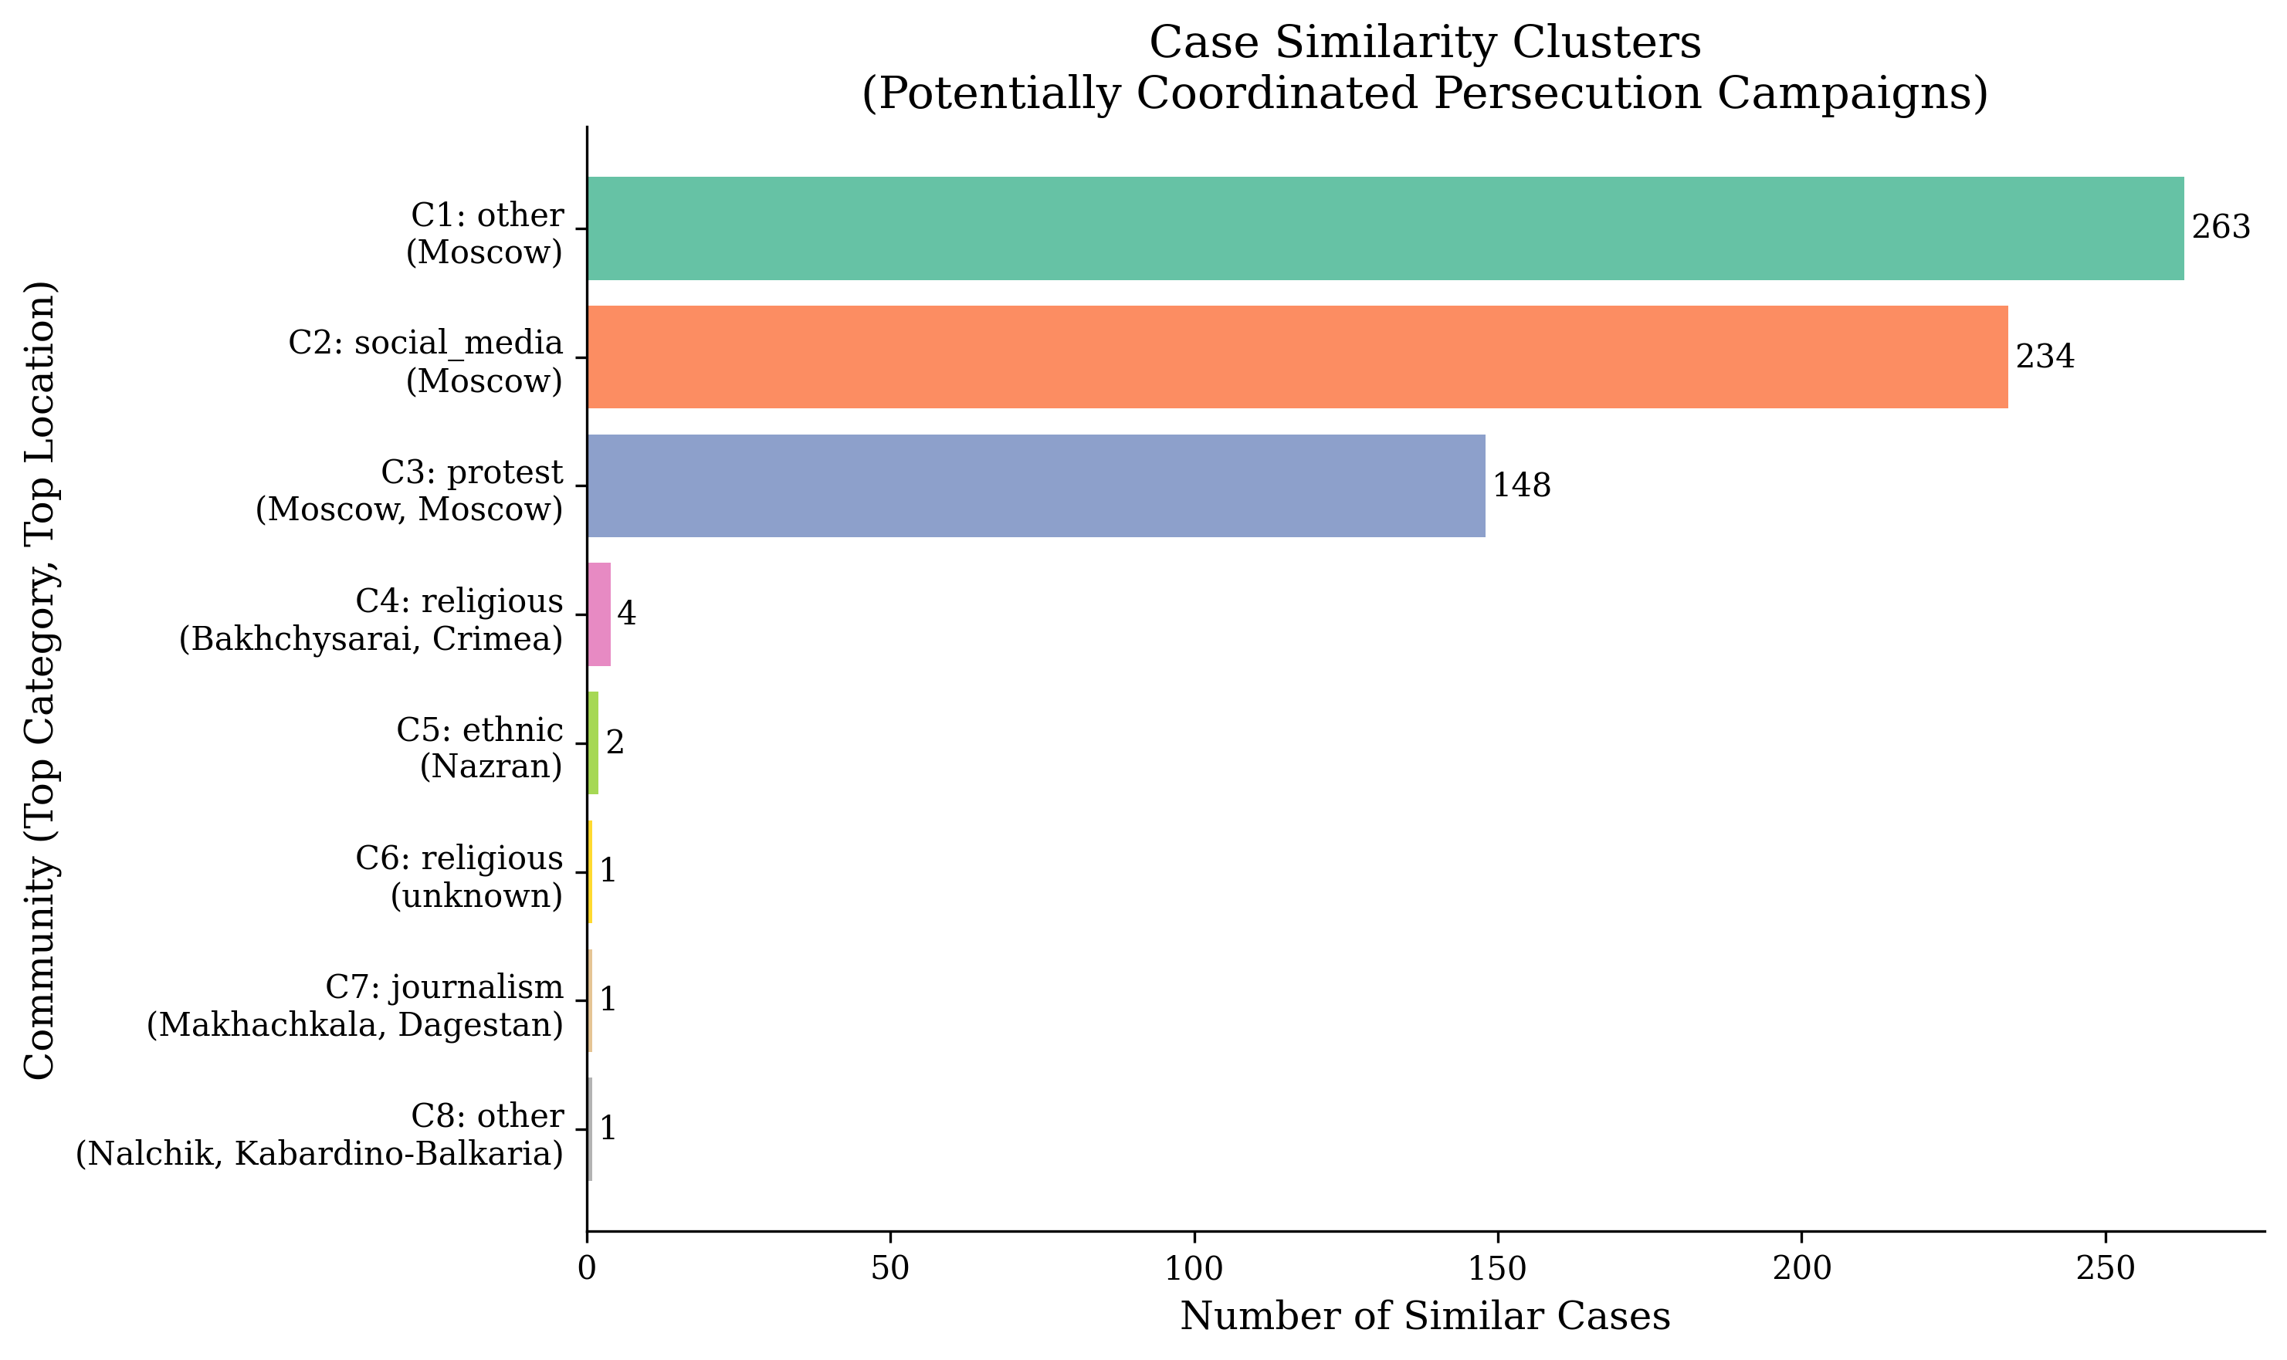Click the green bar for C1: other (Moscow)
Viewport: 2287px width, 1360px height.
[x=1384, y=228]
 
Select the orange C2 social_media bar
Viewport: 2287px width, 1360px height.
[x=1296, y=357]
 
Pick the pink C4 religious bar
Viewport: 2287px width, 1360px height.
[x=598, y=614]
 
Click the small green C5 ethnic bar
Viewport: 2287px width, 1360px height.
[x=593, y=743]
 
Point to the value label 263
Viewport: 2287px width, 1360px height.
[x=2220, y=227]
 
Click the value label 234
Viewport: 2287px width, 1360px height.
[x=2044, y=357]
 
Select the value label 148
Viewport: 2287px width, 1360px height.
[x=1521, y=485]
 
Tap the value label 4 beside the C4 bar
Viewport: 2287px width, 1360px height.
[x=626, y=614]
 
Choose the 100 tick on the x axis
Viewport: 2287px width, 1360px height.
[x=1194, y=1269]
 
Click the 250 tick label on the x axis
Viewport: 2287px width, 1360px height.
[x=2105, y=1269]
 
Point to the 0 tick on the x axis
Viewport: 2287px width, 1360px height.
[x=587, y=1269]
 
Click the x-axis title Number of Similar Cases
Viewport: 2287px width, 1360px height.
[x=1425, y=1317]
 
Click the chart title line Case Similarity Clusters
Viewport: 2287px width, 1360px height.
[x=1425, y=43]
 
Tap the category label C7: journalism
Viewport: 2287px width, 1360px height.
[x=445, y=988]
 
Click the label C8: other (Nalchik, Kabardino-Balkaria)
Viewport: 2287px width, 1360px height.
[x=319, y=1135]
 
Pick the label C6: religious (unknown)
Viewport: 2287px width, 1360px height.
[x=459, y=877]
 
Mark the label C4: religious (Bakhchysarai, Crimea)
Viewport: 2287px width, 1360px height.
[x=371, y=621]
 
